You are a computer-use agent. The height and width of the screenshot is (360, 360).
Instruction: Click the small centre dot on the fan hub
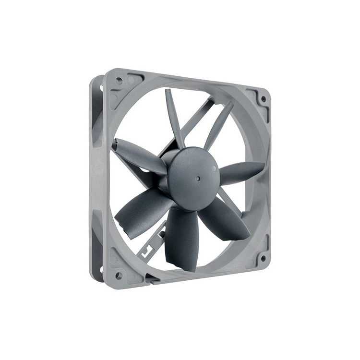(198, 178)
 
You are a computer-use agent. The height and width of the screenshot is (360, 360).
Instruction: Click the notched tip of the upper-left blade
(116, 143)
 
